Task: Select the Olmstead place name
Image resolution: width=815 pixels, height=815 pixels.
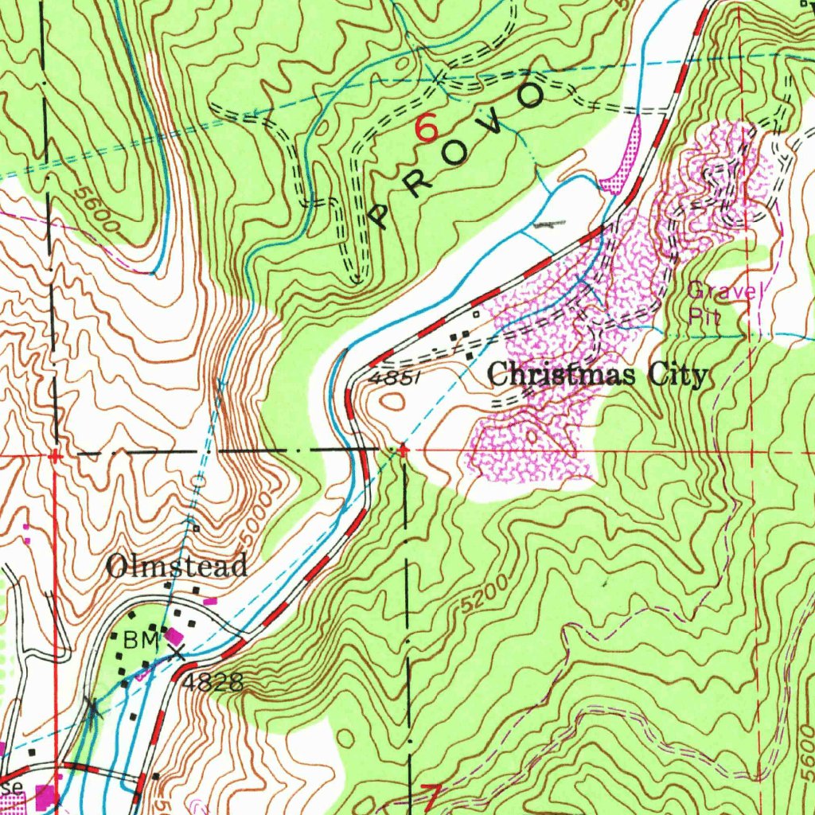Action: click(x=177, y=566)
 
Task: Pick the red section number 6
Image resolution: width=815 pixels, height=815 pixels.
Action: click(x=427, y=128)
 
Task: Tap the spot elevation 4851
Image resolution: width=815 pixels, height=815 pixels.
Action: click(x=392, y=380)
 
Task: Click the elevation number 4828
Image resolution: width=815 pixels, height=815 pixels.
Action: click(x=211, y=682)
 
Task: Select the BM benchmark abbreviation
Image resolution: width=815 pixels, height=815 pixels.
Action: click(x=137, y=638)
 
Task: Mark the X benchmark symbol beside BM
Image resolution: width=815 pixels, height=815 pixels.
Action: click(x=177, y=654)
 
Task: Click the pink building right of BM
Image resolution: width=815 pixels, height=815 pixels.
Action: click(x=174, y=636)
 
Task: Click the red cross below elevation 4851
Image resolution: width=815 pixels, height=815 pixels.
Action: click(x=404, y=450)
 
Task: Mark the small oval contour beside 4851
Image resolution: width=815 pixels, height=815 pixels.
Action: click(x=391, y=403)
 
